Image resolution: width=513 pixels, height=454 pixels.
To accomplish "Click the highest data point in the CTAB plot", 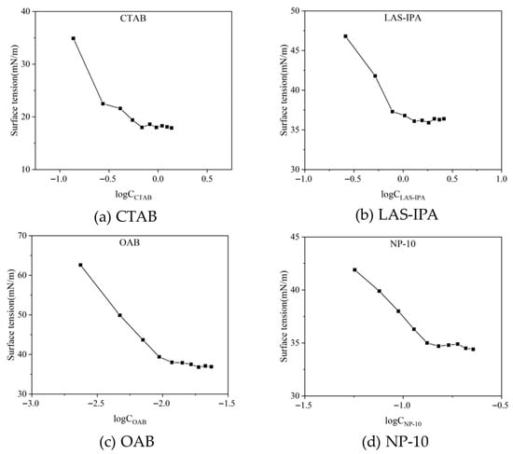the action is pos(74,38).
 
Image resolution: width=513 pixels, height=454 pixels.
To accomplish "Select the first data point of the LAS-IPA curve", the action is pos(345,36).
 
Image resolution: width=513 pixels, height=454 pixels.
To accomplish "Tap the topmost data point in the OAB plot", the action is pos(80,265).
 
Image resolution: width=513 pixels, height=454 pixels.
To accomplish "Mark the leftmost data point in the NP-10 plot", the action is pos(354,269).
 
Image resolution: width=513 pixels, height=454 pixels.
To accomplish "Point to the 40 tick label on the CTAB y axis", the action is pos(27,11).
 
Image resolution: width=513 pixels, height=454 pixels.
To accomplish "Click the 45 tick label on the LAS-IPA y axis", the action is pos(296,50).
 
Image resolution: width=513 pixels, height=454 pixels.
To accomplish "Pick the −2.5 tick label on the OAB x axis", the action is pos(97,404).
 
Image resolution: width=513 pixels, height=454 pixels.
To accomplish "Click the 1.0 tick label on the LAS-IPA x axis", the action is pos(502,179).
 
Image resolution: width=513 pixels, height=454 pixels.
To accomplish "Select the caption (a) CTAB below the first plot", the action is pos(126,217).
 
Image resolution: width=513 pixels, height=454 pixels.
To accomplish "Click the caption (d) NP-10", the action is pos(395,442).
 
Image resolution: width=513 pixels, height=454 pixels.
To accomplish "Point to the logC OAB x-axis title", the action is pos(130,420).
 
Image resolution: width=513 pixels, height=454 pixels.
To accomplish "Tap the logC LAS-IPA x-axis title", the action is pos(403,195).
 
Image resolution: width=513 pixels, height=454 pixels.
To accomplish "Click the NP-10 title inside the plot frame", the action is pos(403,243).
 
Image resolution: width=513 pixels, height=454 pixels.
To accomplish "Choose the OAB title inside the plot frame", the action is pos(130,242).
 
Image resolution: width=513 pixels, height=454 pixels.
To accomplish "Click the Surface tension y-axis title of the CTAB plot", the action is pos(14,90).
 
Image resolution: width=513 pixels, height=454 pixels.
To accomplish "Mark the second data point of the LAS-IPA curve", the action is pos(375,76).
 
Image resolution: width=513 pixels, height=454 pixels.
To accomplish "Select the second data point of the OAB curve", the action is pos(119,315).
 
